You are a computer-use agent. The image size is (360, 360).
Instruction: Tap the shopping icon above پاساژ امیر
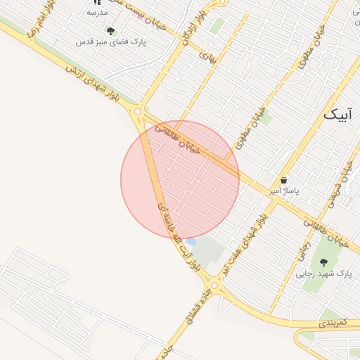point(284,180)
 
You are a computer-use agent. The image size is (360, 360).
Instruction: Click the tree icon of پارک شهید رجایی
point(323,262)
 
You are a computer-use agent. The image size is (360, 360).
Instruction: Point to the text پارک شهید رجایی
point(323,273)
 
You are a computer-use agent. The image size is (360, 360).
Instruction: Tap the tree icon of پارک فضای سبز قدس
point(110,30)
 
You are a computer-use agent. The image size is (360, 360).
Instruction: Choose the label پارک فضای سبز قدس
point(111,41)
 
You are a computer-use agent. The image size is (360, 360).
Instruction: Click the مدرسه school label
point(97,13)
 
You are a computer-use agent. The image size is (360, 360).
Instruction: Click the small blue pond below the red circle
point(191,242)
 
